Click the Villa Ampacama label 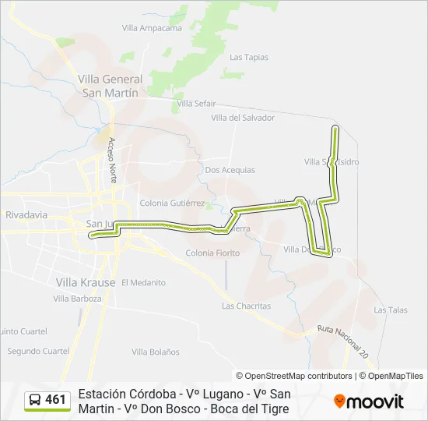click(152, 28)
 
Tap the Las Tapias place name click(249, 57)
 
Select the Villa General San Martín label click(110, 85)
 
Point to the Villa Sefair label click(196, 103)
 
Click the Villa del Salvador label click(243, 118)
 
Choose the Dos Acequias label click(230, 169)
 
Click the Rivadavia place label click(26, 214)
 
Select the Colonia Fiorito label click(212, 253)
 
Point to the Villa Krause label click(86, 281)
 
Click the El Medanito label click(143, 282)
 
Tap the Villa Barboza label click(79, 299)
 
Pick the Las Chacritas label click(246, 306)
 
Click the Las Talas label click(390, 310)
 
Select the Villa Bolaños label click(150, 352)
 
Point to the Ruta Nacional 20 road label click(342, 341)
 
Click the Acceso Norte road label click(113, 160)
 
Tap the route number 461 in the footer click(56, 400)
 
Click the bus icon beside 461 click(35, 401)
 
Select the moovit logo click(369, 402)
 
